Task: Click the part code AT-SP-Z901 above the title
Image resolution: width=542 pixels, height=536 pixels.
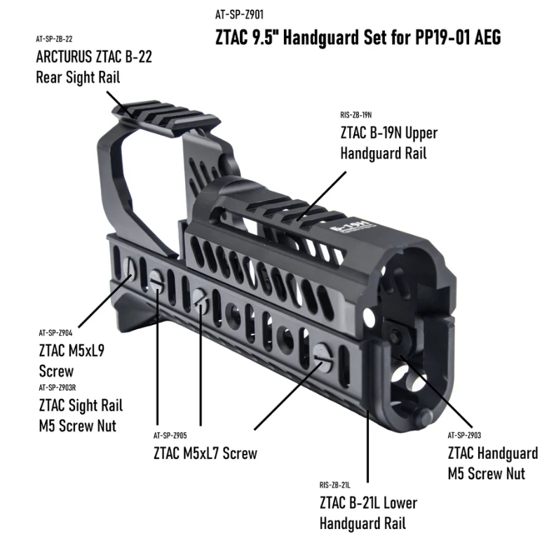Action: point(240,15)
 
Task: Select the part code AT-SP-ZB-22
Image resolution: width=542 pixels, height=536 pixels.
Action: point(55,39)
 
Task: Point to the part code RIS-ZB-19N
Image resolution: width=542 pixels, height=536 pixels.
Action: point(355,114)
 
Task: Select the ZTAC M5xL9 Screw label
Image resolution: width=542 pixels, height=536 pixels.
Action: point(72,361)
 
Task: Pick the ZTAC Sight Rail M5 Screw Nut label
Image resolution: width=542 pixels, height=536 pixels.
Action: point(80,415)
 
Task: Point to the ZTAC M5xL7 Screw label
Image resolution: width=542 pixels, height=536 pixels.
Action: point(205,453)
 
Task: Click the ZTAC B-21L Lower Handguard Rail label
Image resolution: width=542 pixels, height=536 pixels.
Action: point(367,513)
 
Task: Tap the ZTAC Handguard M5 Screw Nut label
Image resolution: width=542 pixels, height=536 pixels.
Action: point(492,463)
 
